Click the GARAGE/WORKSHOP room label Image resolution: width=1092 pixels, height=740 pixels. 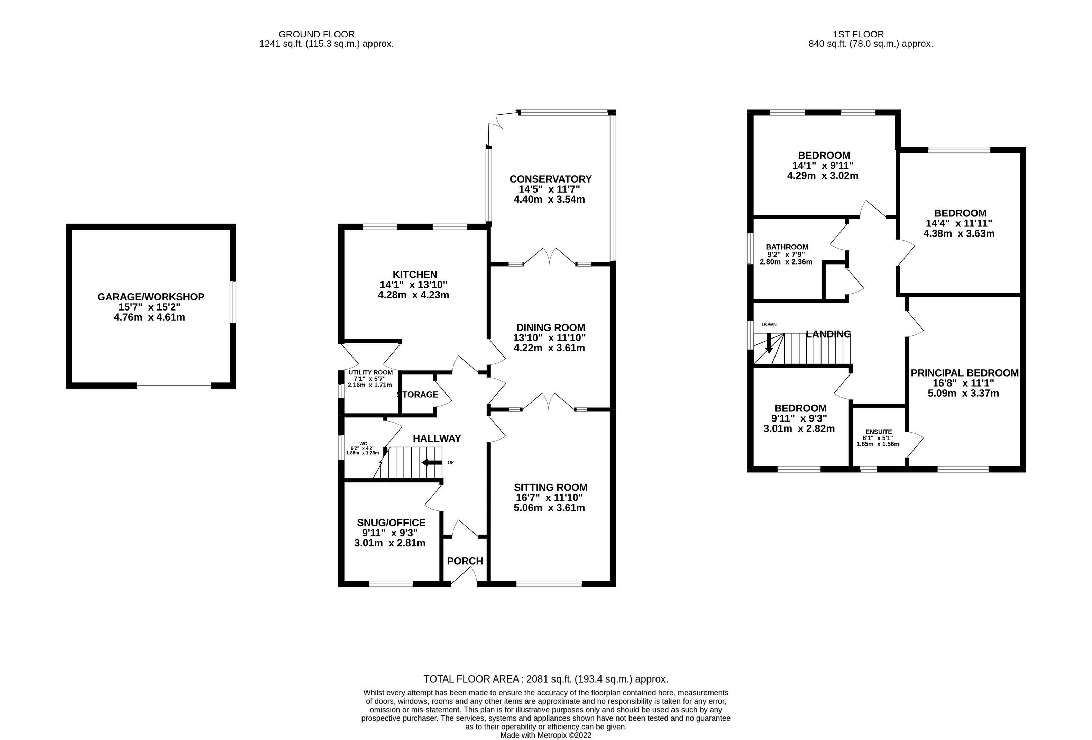[x=151, y=297]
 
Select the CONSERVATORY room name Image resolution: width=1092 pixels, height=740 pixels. [x=551, y=179]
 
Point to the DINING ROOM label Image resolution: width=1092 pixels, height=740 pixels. [x=551, y=327]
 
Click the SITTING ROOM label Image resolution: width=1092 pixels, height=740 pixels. [x=551, y=487]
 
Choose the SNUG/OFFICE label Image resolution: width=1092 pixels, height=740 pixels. [x=392, y=522]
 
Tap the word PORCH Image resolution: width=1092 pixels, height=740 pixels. [x=465, y=561]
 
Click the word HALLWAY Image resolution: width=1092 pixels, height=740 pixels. [x=437, y=438]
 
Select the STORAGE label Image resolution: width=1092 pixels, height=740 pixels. [x=418, y=395]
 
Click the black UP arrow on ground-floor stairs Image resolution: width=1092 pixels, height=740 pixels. [x=432, y=463]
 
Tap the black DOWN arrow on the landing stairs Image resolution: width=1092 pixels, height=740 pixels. [x=769, y=343]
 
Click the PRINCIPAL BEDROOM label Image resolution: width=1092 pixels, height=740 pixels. [x=965, y=372]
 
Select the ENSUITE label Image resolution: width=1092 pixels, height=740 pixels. [x=879, y=432]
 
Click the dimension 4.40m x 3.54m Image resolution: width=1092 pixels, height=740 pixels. [x=550, y=199]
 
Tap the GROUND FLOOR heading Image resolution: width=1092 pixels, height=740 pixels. [x=317, y=34]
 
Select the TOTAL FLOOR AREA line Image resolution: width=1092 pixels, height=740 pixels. [x=545, y=679]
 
